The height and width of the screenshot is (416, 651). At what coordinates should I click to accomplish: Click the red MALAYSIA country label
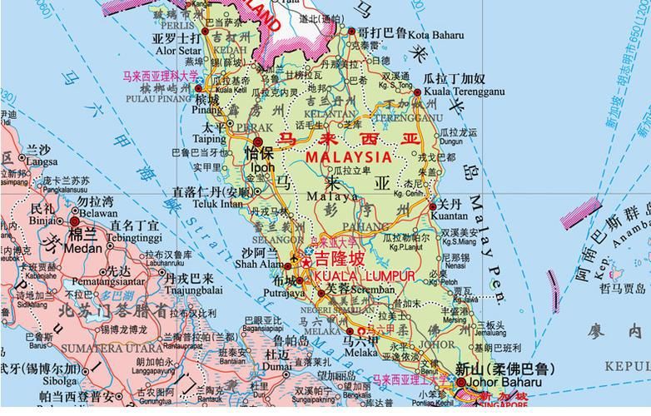click(348, 156)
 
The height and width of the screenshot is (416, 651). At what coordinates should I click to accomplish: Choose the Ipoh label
click(261, 167)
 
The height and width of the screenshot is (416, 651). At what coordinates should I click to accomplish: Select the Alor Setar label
click(171, 50)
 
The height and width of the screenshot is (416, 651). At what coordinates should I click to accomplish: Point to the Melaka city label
click(360, 352)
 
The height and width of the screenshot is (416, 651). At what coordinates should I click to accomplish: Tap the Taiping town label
click(208, 139)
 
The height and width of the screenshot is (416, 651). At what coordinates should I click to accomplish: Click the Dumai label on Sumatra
click(276, 365)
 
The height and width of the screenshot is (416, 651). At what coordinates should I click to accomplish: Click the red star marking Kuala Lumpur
click(306, 261)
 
